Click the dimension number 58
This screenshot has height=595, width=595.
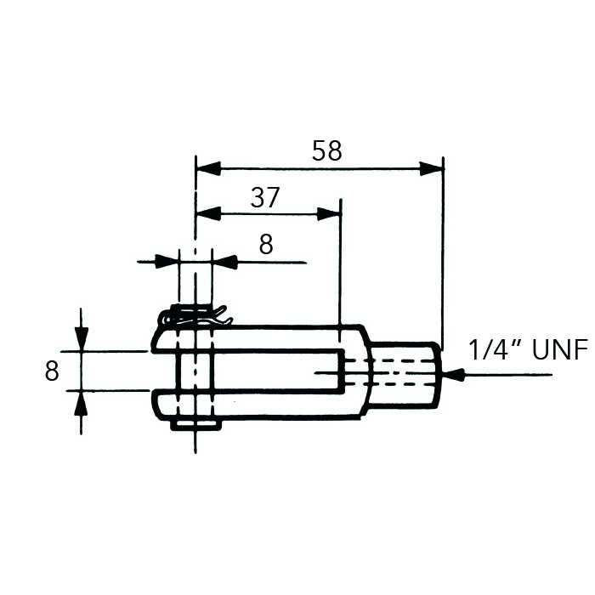326,151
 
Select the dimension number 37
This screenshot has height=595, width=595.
265,198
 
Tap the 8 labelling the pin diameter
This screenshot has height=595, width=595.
266,245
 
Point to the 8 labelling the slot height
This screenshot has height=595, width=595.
52,371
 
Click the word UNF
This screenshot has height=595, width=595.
559,350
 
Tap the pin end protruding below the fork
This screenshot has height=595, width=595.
195,422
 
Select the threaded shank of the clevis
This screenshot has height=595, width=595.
408,372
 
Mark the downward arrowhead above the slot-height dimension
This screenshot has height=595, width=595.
81,340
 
